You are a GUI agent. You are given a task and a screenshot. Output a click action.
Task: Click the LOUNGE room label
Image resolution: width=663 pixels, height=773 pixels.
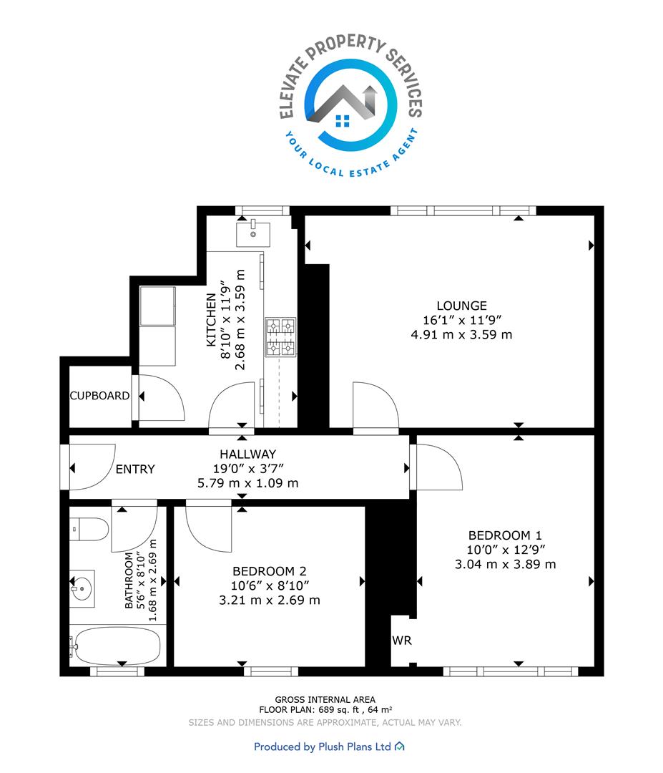461,306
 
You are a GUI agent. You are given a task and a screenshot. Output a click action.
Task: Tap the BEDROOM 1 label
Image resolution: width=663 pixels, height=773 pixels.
505,535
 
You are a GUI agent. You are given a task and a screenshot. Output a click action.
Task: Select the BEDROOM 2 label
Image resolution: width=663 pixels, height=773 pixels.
270,571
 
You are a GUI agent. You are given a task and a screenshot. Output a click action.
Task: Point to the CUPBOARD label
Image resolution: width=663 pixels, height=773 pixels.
99,396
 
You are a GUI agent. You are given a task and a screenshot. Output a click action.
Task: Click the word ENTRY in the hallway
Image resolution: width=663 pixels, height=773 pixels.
135,470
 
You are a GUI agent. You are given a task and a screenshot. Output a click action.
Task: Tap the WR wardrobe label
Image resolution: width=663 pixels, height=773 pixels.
401,641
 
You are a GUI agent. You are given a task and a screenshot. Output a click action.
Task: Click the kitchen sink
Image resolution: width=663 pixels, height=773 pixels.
253,233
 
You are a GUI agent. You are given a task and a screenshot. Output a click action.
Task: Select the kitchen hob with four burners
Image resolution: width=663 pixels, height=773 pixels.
281,337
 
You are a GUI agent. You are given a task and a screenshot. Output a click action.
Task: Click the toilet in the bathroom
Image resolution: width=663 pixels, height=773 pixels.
89,530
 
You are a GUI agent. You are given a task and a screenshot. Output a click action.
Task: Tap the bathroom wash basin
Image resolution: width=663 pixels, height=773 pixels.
82,588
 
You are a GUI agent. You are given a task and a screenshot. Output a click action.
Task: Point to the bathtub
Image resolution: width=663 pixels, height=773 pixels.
115,645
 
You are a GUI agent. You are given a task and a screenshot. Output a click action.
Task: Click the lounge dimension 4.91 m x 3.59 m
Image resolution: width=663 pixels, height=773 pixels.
461,335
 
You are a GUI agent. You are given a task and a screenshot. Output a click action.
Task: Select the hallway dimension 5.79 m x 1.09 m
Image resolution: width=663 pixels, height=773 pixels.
247,483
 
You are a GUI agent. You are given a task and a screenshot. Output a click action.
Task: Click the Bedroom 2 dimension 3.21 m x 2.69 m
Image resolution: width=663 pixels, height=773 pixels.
270,600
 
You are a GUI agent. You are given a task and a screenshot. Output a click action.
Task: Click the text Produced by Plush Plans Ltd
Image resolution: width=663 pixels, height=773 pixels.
322,747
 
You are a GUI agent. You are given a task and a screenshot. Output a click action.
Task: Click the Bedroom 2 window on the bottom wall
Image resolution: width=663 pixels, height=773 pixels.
271,671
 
